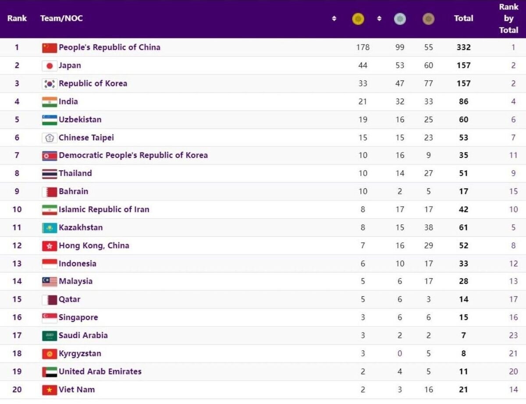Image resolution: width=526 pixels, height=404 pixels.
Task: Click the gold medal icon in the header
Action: tap(358, 19)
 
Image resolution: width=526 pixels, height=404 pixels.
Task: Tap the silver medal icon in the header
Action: tap(400, 19)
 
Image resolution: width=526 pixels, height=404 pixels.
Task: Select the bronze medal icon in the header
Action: tap(428, 19)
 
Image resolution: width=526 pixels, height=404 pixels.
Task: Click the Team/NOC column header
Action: tap(61, 18)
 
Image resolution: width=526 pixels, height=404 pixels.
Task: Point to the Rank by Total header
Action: tap(508, 18)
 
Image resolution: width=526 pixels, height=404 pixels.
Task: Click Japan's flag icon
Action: tap(50, 66)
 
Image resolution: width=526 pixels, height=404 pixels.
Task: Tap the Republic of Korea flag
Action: tap(50, 84)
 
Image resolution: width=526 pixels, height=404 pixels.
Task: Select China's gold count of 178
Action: tap(363, 47)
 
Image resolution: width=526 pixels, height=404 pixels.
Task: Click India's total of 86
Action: tap(463, 102)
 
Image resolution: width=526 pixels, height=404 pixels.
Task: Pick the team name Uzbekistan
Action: tap(80, 120)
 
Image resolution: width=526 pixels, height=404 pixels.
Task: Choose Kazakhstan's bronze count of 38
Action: tap(428, 227)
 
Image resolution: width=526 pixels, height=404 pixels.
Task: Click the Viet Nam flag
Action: tap(50, 390)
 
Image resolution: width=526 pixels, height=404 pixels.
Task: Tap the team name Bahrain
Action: tap(74, 191)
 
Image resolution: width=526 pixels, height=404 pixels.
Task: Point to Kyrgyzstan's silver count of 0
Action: tap(400, 354)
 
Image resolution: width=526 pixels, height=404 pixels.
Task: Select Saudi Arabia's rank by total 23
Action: tap(513, 336)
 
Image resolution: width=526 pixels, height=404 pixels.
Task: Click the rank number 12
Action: tap(17, 245)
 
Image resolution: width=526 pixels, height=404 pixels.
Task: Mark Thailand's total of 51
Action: tap(463, 174)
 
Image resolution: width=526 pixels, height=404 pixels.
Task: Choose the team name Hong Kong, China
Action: tap(94, 245)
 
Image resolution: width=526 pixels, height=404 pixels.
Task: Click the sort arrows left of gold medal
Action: tap(334, 18)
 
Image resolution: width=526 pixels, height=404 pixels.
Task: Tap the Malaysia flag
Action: tap(50, 281)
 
